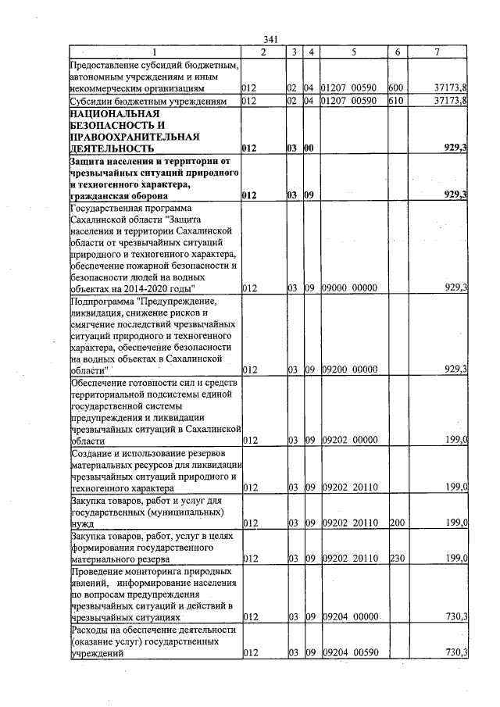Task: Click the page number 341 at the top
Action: tap(271, 40)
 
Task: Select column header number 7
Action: tap(437, 52)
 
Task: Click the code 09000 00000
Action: tap(350, 288)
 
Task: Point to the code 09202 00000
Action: tap(350, 441)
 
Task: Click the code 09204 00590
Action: tap(350, 652)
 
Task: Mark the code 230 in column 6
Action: tap(395, 559)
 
